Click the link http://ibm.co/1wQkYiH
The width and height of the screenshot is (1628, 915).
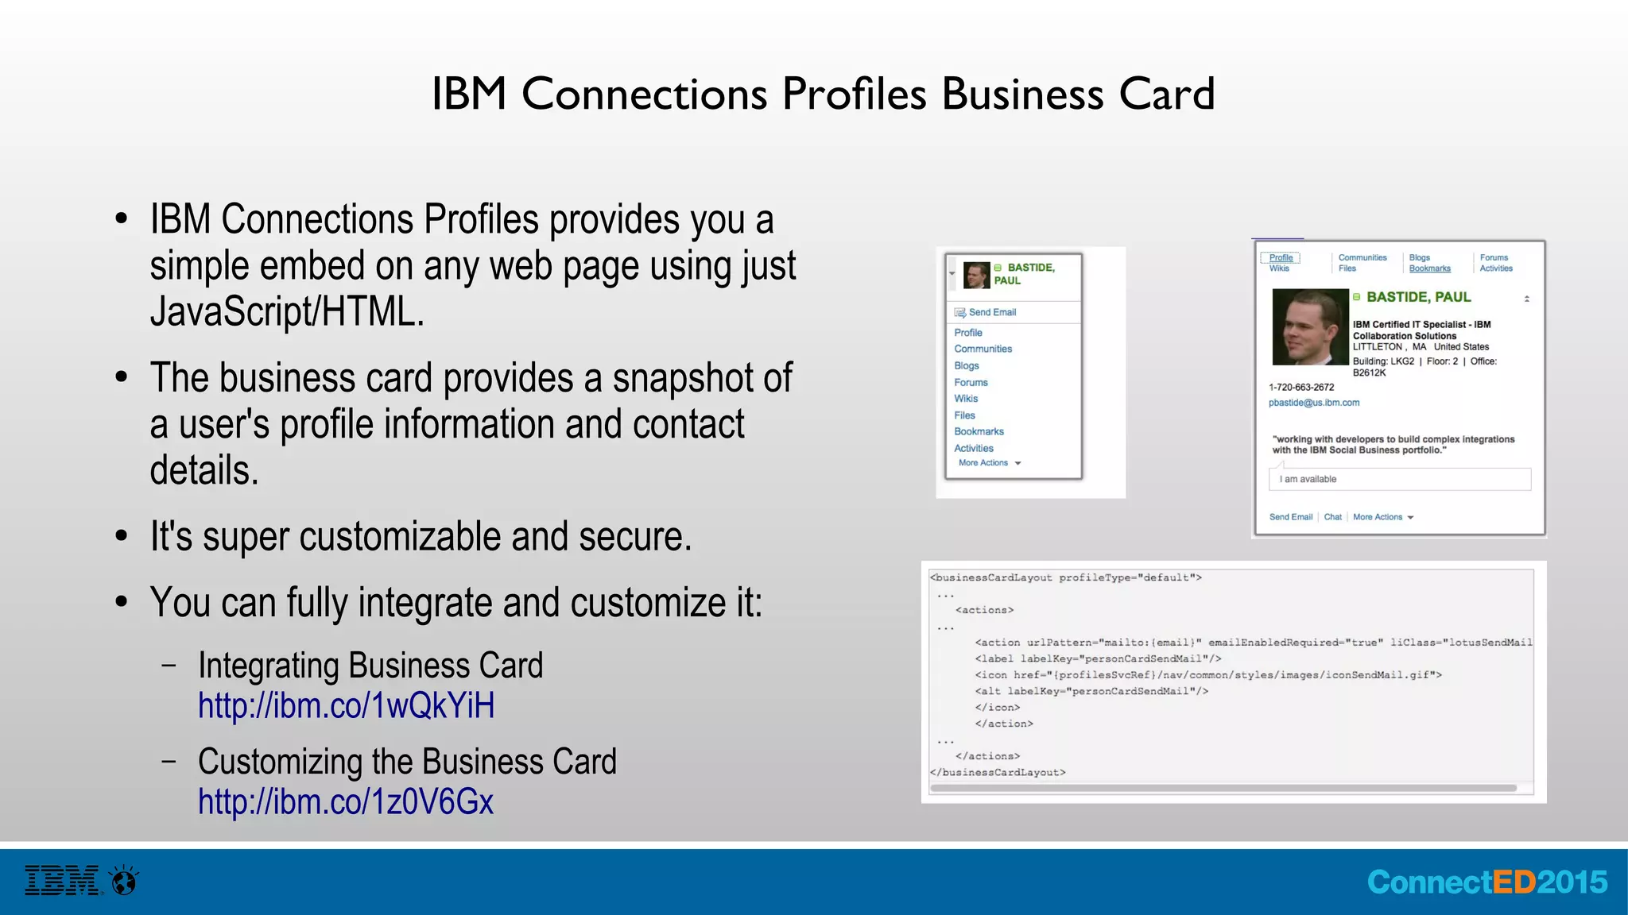[x=346, y=705]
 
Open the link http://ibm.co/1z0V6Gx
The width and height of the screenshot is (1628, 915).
[x=346, y=801]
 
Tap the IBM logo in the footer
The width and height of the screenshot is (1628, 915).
[x=63, y=881]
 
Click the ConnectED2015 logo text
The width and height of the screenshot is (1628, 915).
[x=1487, y=882]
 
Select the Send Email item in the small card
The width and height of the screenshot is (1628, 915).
[x=992, y=312]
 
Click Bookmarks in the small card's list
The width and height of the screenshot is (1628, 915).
[x=979, y=431]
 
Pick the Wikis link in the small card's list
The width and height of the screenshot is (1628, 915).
[x=966, y=399]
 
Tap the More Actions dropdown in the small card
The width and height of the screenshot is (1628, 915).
[x=989, y=463]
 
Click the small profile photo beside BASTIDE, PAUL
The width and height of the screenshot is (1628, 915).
[x=976, y=275]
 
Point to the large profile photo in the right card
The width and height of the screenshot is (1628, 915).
[x=1309, y=327]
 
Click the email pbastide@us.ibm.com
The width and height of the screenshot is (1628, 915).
[x=1313, y=403]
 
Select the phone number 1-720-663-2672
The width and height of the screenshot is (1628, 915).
[x=1301, y=388]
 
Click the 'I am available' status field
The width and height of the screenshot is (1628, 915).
[x=1399, y=479]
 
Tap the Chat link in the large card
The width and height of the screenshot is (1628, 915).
[x=1332, y=517]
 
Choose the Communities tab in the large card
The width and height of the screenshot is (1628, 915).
[x=1362, y=257]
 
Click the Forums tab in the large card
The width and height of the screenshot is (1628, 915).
[x=1494, y=257]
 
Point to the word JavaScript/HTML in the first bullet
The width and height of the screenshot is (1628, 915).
[x=287, y=311]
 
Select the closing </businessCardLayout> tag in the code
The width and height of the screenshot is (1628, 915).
[x=998, y=772]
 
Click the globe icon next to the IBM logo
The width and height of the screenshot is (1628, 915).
[x=125, y=881]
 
